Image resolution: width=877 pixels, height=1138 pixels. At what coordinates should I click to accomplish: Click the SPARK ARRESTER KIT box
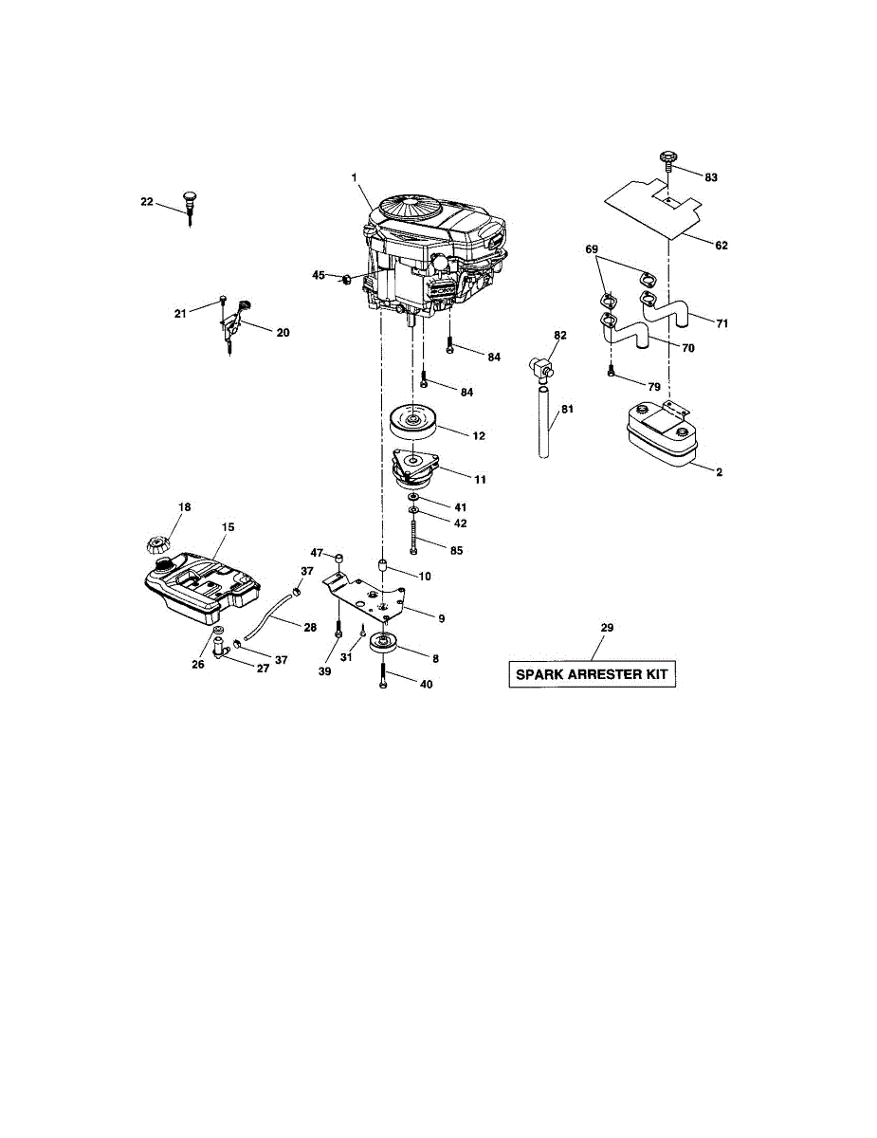click(x=592, y=675)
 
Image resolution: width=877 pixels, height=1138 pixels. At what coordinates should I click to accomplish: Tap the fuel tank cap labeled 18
click(x=155, y=545)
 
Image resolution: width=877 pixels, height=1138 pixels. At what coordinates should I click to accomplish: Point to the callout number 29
click(x=607, y=628)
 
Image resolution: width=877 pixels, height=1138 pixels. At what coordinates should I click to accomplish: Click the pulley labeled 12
click(x=415, y=420)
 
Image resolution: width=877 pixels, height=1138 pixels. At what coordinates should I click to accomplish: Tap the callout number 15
click(x=228, y=526)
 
